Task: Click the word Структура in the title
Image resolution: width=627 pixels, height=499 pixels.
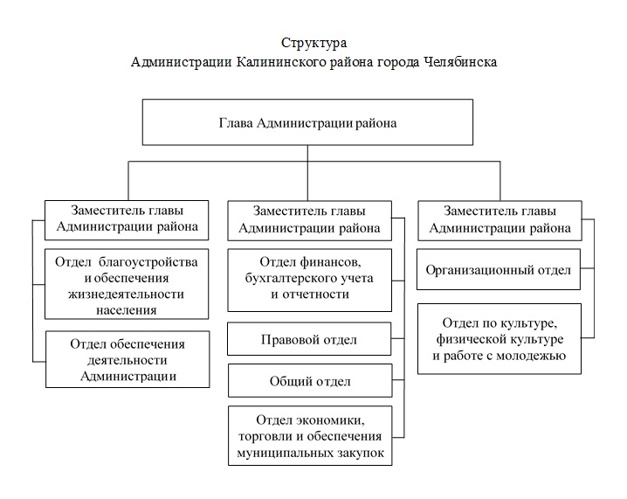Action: (x=313, y=43)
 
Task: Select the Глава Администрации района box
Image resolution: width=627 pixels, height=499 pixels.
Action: (x=307, y=122)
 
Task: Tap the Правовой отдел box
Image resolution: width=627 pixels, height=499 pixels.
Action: (x=309, y=339)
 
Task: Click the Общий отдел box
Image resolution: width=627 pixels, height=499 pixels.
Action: (x=310, y=380)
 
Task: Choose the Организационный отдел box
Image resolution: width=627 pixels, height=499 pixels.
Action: (x=499, y=269)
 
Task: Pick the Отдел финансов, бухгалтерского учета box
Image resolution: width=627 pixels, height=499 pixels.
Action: (x=309, y=281)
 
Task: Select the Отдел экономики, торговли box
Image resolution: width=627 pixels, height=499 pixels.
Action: (x=310, y=436)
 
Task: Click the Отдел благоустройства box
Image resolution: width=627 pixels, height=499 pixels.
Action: (x=127, y=284)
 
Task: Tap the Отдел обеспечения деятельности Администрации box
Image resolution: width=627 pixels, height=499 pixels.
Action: (x=127, y=359)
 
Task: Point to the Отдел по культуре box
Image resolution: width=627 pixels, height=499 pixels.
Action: (x=500, y=339)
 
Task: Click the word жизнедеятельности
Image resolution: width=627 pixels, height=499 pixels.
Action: (x=127, y=295)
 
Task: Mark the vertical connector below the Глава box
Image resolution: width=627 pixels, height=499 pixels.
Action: (x=307, y=173)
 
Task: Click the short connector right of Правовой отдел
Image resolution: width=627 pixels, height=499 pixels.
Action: (x=398, y=339)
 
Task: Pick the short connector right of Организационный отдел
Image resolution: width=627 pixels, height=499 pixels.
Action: (x=587, y=268)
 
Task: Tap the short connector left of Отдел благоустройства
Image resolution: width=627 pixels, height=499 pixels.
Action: (x=38, y=285)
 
